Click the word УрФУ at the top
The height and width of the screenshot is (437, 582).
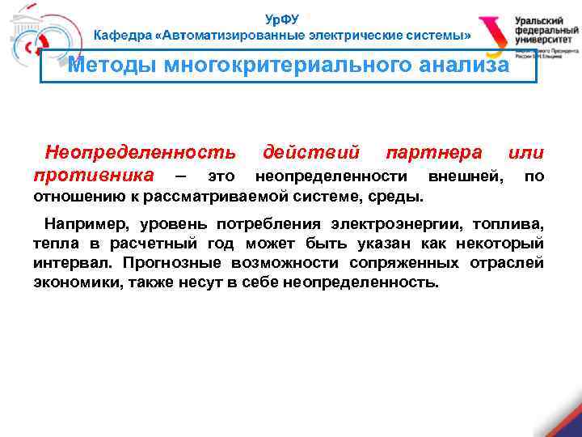click(282, 19)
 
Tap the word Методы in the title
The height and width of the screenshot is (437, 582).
click(112, 66)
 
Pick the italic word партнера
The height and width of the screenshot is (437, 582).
click(434, 152)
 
